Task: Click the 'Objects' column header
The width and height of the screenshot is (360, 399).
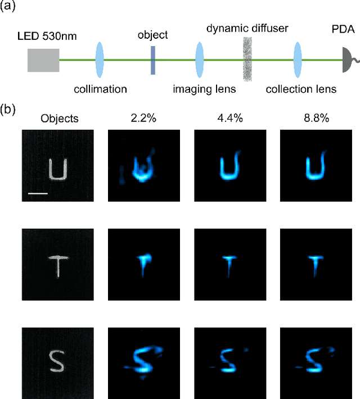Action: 60,119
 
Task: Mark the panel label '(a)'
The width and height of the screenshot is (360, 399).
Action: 10,7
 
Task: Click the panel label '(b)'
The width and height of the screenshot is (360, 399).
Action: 10,109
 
